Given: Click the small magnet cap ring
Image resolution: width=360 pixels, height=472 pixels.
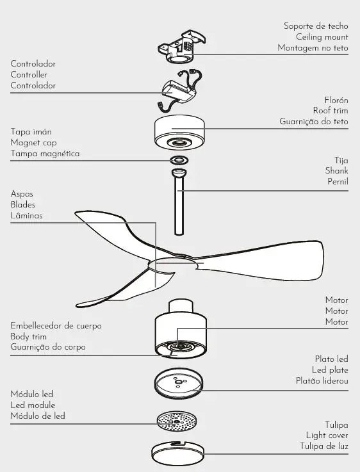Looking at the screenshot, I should tap(179, 159).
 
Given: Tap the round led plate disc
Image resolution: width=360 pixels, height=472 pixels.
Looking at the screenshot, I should tap(179, 384).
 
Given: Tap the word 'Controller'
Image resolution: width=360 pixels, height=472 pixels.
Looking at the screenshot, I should tap(29, 75).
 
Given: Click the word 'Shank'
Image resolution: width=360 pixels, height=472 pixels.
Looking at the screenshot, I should tap(336, 171).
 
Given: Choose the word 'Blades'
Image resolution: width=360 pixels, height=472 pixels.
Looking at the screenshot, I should tap(23, 205).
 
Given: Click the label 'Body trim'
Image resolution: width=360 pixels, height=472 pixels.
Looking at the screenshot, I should tap(29, 336).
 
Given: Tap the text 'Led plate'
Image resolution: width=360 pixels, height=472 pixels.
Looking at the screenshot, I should tap(330, 370).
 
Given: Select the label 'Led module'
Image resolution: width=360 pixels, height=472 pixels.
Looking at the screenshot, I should tap(33, 405).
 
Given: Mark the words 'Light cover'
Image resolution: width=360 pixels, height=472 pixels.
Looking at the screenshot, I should tap(327, 435).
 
